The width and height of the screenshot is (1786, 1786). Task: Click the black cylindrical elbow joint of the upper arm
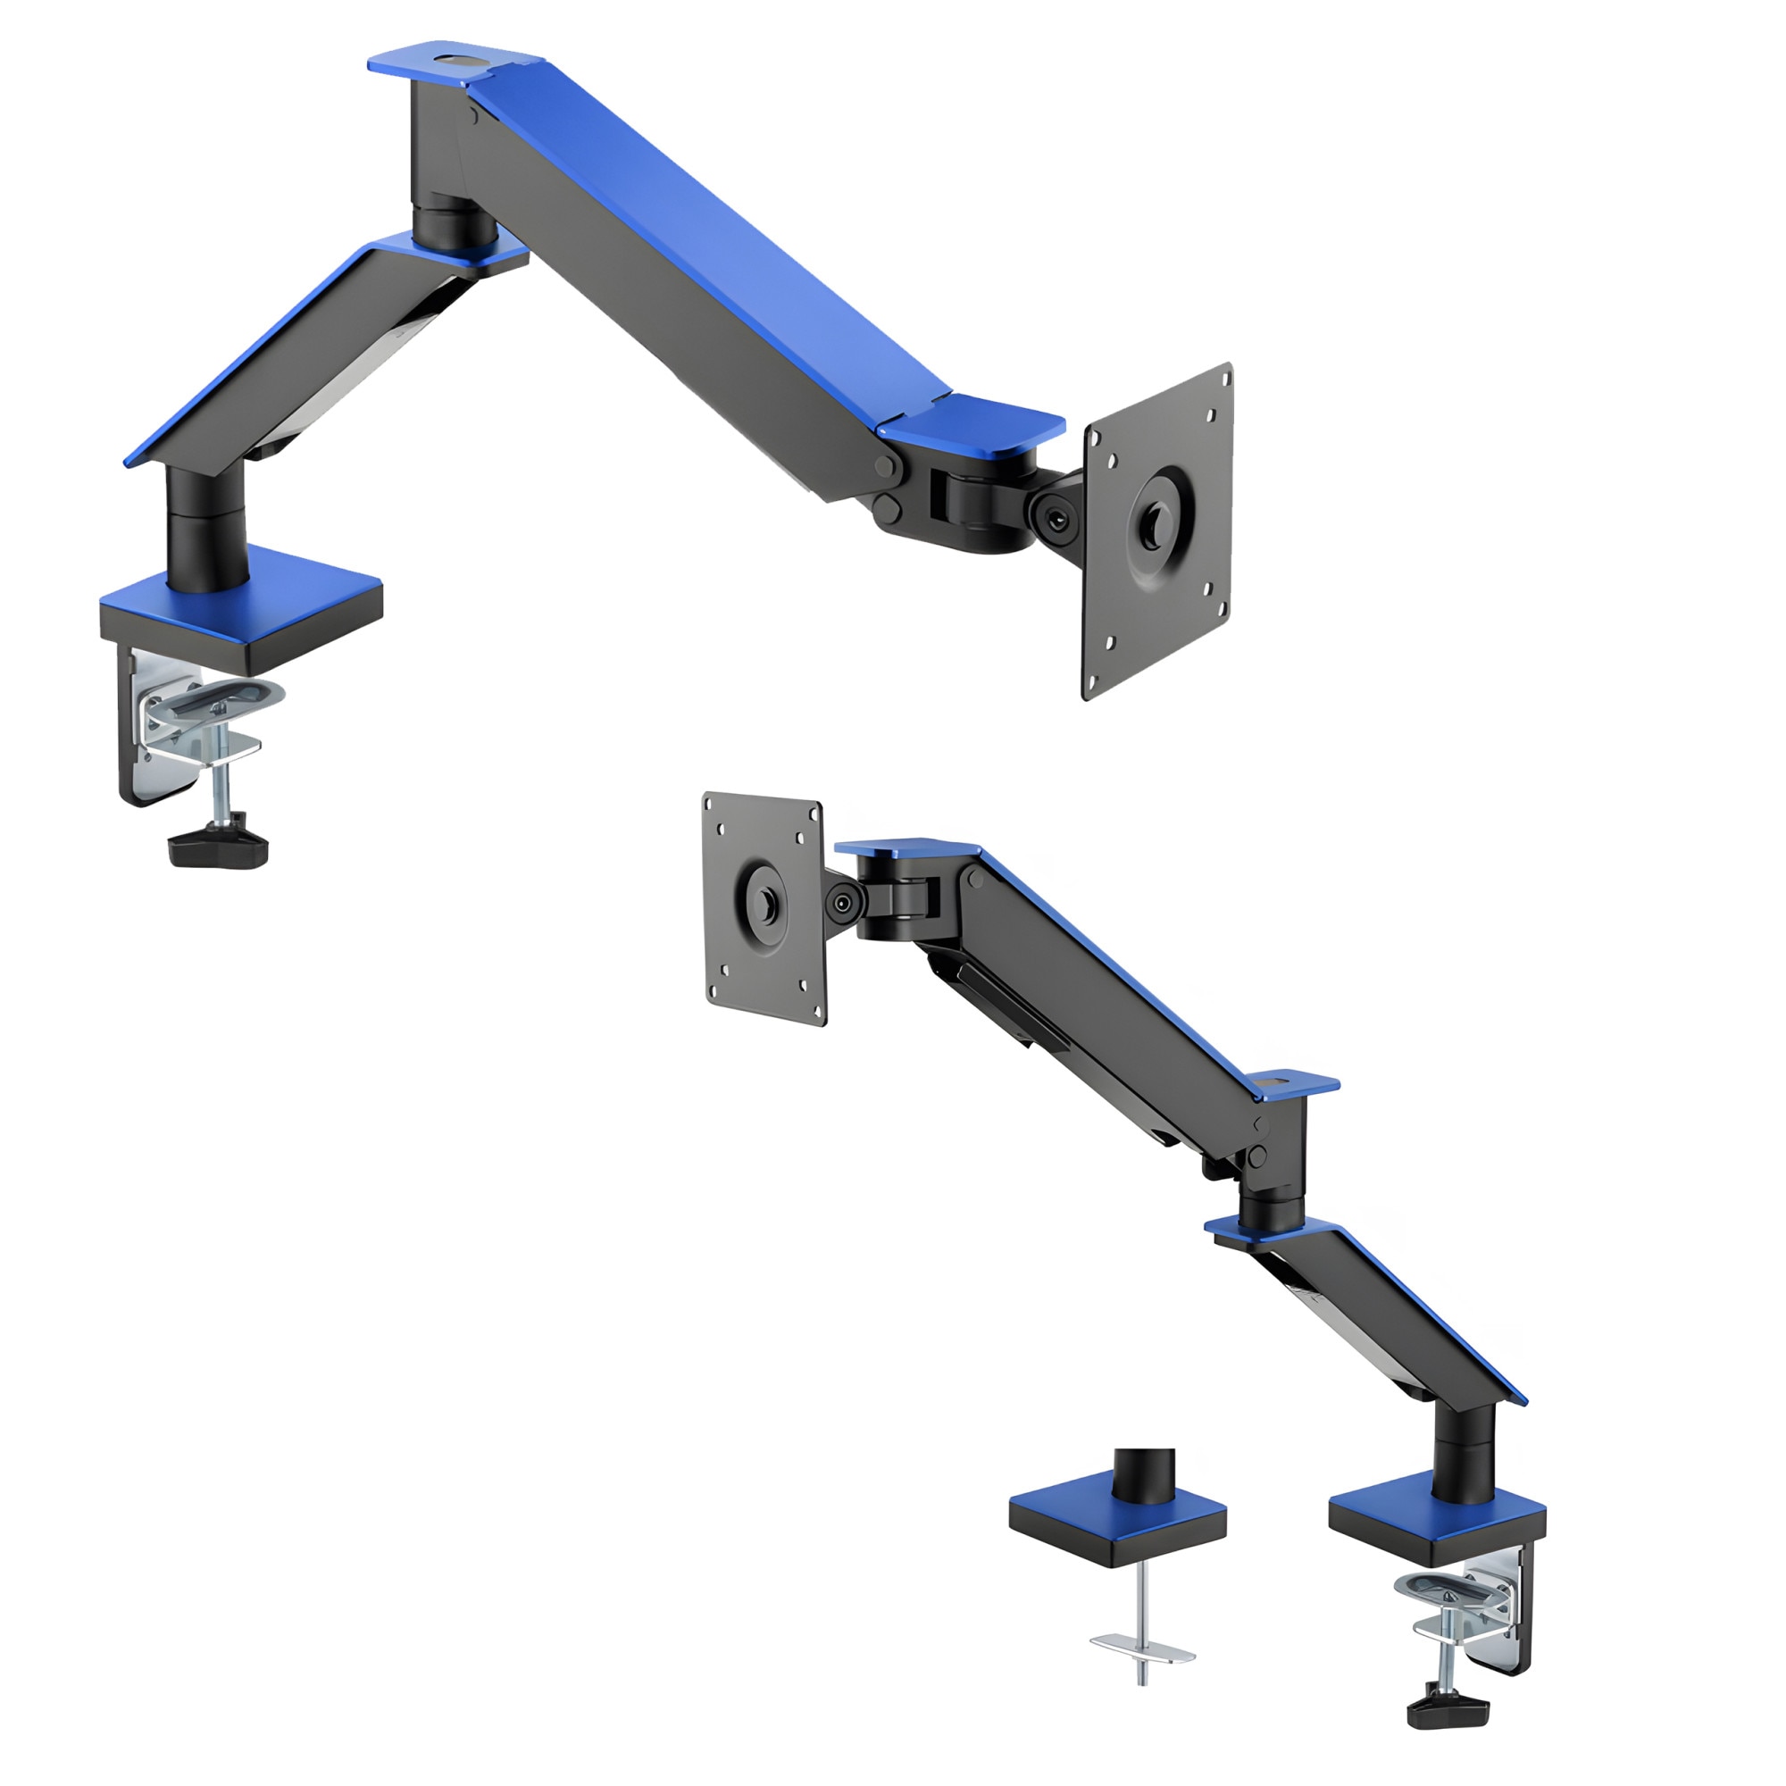coord(451,221)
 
